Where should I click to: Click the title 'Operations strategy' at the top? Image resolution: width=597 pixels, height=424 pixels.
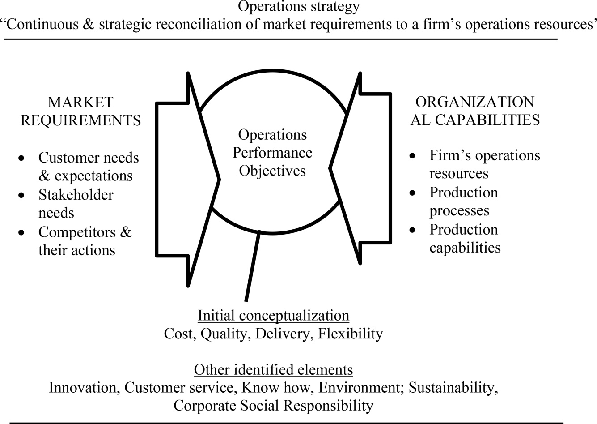pyautogui.click(x=299, y=7)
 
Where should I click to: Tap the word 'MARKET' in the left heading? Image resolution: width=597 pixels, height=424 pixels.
pyautogui.click(x=80, y=103)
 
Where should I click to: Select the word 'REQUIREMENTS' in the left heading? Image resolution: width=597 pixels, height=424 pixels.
pyautogui.click(x=80, y=120)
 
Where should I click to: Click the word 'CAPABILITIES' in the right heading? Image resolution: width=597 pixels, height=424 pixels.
pyautogui.click(x=487, y=120)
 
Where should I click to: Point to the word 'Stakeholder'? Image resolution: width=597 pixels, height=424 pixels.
pyautogui.click(x=76, y=194)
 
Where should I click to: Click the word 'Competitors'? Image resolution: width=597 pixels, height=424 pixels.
pyautogui.click(x=77, y=232)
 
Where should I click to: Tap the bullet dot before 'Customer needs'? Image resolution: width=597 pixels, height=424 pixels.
pyautogui.click(x=21, y=158)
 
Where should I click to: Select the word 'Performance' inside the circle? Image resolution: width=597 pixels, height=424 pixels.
pyautogui.click(x=272, y=153)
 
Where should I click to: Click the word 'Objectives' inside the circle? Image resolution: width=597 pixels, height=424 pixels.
pyautogui.click(x=272, y=171)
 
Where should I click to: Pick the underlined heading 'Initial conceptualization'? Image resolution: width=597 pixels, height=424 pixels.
pyautogui.click(x=273, y=316)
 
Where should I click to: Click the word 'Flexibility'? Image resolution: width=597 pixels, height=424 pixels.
pyautogui.click(x=351, y=334)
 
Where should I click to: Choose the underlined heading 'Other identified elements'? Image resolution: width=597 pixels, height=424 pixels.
pyautogui.click(x=273, y=370)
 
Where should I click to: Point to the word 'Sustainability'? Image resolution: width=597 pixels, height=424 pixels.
pyautogui.click(x=453, y=388)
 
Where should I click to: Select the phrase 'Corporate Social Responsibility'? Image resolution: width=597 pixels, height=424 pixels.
pyautogui.click(x=273, y=406)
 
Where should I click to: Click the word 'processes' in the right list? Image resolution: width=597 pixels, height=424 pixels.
pyautogui.click(x=459, y=211)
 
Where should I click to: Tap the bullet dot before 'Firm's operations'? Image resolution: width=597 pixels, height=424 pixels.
pyautogui.click(x=412, y=155)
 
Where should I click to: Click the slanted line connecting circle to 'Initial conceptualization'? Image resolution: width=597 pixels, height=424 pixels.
pyautogui.click(x=253, y=266)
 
